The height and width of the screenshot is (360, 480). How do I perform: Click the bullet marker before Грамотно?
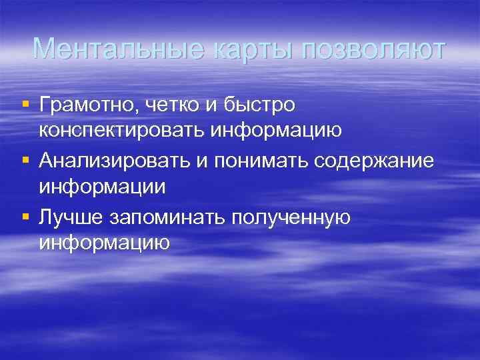click(x=25, y=105)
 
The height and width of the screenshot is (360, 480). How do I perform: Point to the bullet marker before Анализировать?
click(x=25, y=160)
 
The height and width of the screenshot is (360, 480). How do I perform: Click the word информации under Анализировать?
click(x=102, y=187)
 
